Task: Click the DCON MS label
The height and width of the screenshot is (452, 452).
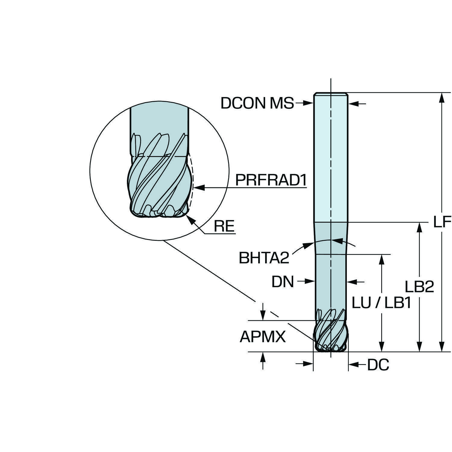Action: point(257,103)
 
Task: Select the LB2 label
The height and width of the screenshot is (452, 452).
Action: point(419,287)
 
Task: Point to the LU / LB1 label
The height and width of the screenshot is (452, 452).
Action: point(381,303)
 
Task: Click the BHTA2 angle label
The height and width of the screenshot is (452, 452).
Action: point(264,258)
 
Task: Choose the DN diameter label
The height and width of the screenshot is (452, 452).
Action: point(282,282)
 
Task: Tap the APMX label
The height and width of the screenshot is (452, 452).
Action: point(262,337)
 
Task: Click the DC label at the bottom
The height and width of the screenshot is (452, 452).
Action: point(378,365)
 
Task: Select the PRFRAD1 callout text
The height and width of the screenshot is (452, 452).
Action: point(271,180)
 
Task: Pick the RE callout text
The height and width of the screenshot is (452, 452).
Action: point(224,226)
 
